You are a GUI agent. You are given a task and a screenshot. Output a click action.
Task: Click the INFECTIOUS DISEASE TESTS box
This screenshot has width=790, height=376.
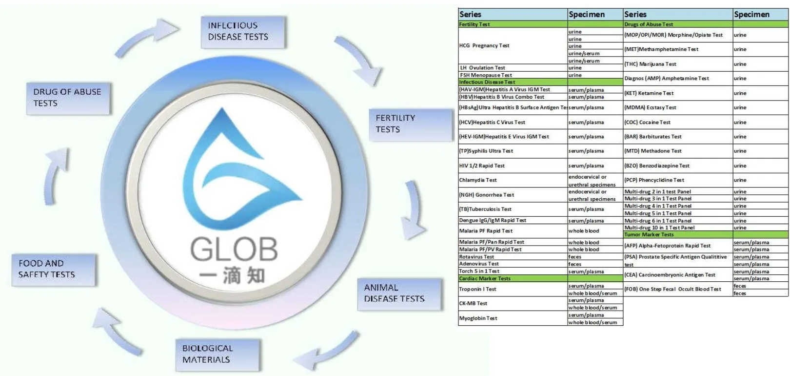[x=243, y=32]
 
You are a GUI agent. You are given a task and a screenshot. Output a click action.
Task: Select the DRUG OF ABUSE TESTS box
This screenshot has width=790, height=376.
[x=68, y=98]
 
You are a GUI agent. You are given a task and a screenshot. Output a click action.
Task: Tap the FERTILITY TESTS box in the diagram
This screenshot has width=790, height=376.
[x=410, y=124]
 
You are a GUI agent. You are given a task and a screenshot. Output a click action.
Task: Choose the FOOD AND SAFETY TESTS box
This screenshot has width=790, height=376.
[x=53, y=269]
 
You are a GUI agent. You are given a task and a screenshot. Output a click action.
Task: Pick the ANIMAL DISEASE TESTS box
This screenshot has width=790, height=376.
[x=399, y=293]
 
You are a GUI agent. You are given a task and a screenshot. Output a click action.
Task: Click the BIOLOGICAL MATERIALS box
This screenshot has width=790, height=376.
[x=217, y=354]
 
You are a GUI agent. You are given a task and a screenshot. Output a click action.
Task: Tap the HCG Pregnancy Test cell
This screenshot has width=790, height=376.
[x=484, y=46]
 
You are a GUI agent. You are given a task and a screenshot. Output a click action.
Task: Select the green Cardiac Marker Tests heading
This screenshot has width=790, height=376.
[x=485, y=279]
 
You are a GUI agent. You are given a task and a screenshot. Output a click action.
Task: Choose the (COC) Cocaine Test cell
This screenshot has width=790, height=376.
[x=648, y=123]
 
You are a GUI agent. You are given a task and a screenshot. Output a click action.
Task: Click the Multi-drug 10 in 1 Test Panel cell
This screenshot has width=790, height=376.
[x=660, y=228]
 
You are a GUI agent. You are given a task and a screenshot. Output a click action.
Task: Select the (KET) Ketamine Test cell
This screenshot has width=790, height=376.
[x=649, y=93]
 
